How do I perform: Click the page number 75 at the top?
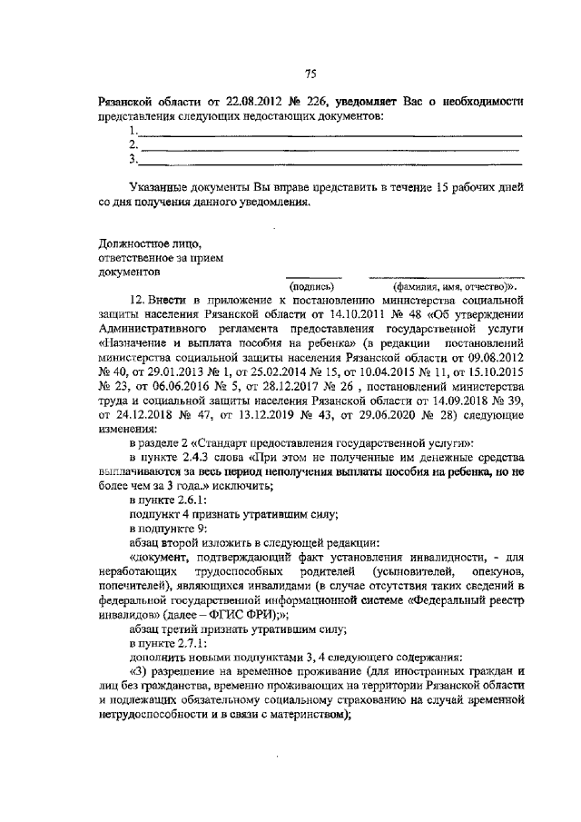pyautogui.click(x=310, y=74)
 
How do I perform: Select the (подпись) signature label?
pyautogui.click(x=311, y=285)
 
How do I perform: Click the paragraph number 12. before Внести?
pyautogui.click(x=138, y=299)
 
